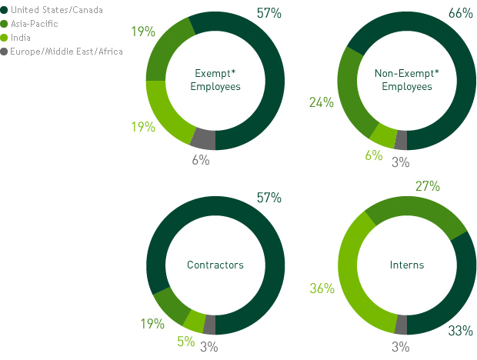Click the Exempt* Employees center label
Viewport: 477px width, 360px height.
click(215, 81)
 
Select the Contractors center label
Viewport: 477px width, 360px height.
click(215, 265)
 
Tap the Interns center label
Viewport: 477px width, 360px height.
click(407, 265)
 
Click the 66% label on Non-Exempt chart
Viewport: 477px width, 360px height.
click(460, 13)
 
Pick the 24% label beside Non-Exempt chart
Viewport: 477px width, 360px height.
click(322, 102)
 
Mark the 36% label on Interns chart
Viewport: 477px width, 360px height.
click(322, 288)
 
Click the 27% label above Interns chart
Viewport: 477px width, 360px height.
click(427, 186)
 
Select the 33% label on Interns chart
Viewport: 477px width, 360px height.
click(460, 332)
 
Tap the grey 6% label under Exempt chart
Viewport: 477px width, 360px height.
click(201, 160)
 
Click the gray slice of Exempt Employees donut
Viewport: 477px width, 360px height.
click(203, 139)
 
